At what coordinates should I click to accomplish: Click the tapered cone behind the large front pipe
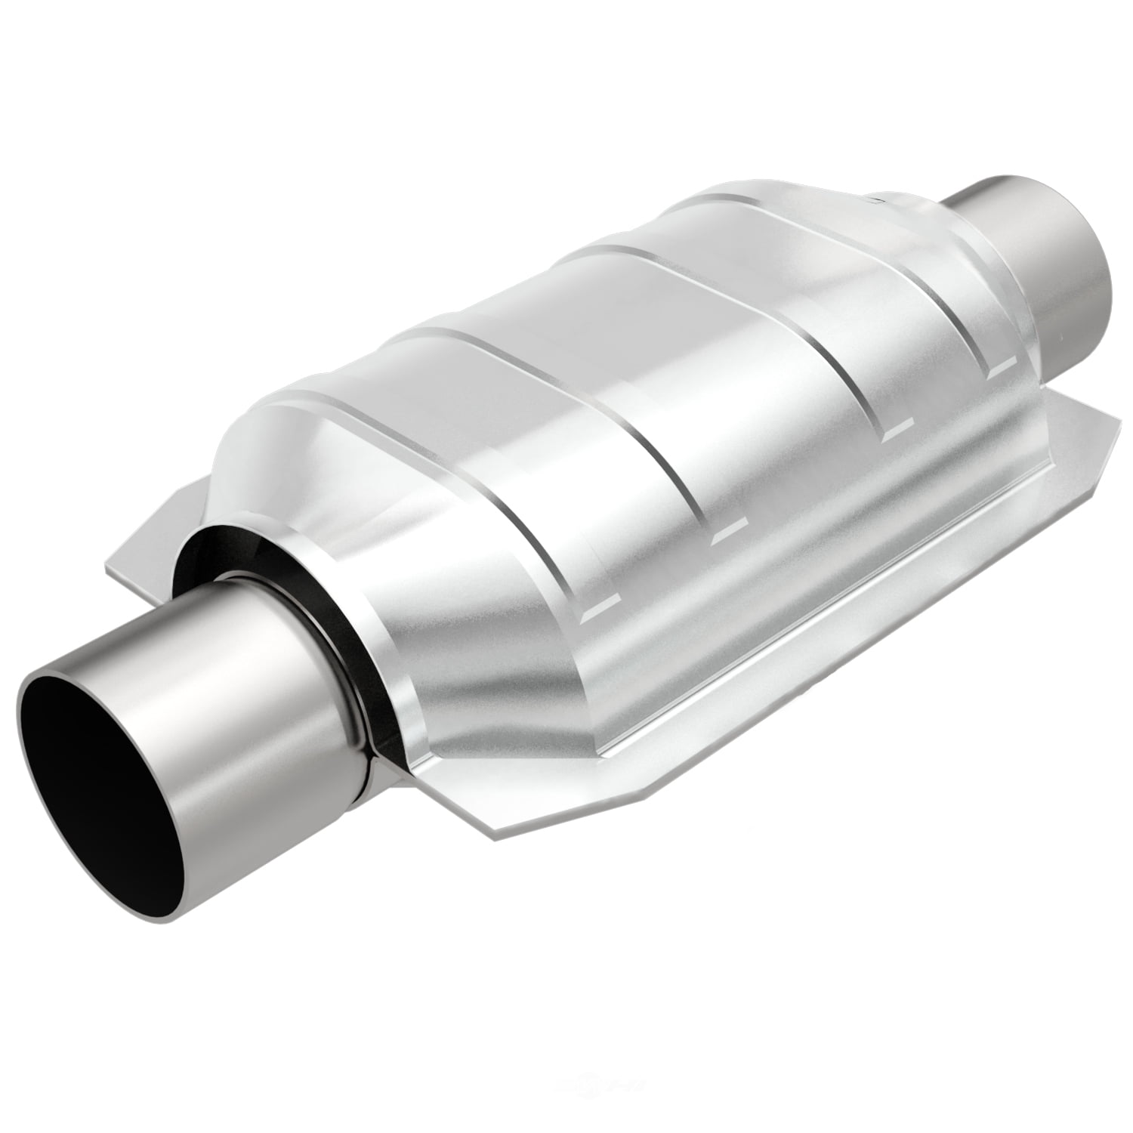(x=468, y=642)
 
